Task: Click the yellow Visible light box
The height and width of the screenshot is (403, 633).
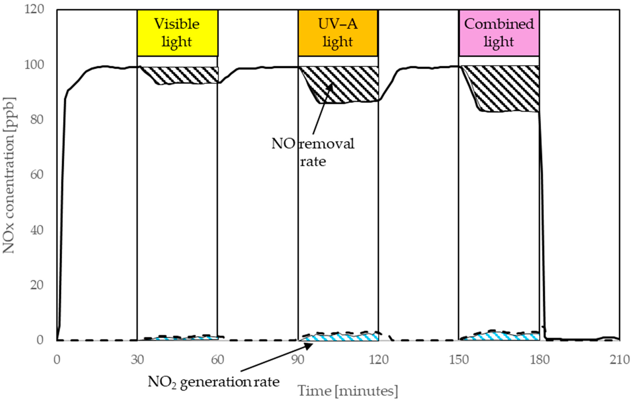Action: click(177, 33)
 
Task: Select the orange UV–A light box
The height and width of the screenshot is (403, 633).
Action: click(338, 33)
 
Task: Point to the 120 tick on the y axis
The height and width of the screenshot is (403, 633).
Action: click(34, 10)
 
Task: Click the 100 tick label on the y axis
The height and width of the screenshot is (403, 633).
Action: click(34, 65)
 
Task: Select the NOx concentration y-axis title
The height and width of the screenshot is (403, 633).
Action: click(9, 175)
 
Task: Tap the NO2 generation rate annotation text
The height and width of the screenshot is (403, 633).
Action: click(213, 382)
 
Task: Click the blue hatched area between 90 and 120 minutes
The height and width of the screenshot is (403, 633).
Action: click(342, 337)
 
